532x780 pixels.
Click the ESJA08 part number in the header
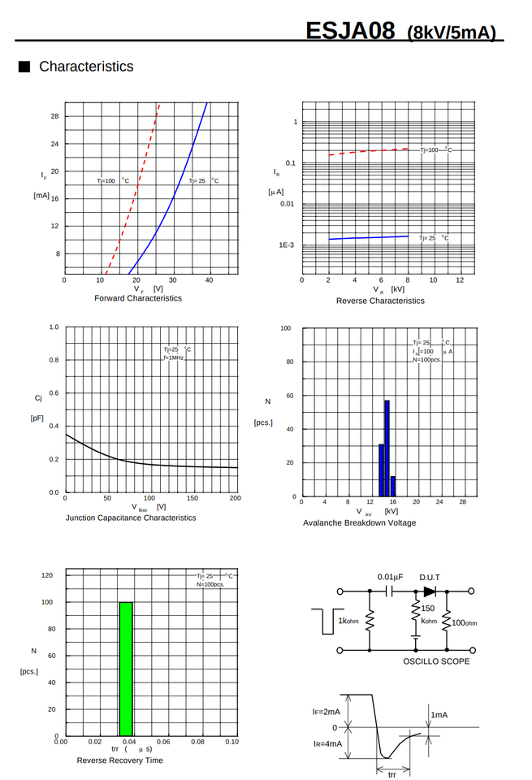click(x=350, y=31)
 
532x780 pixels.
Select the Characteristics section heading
click(x=86, y=67)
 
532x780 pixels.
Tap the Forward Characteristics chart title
click(x=138, y=298)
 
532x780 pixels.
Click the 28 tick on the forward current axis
click(x=54, y=116)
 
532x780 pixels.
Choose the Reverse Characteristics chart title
click(x=380, y=301)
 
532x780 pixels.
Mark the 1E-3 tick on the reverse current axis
click(x=286, y=245)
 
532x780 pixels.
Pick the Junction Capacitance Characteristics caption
click(x=131, y=518)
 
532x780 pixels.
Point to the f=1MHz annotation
click(x=174, y=357)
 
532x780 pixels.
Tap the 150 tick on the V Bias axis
click(x=192, y=498)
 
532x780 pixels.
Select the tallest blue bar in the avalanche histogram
click(x=387, y=448)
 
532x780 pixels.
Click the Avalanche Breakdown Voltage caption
click(x=359, y=522)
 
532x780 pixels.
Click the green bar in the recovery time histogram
click(x=126, y=669)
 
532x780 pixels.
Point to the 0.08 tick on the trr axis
click(x=197, y=742)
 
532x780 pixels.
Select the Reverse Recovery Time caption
click(x=119, y=760)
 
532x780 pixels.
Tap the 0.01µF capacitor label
click(x=390, y=577)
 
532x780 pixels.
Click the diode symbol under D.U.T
click(x=429, y=591)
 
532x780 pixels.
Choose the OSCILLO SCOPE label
click(x=436, y=661)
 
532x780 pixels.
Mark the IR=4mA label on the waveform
click(x=328, y=743)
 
